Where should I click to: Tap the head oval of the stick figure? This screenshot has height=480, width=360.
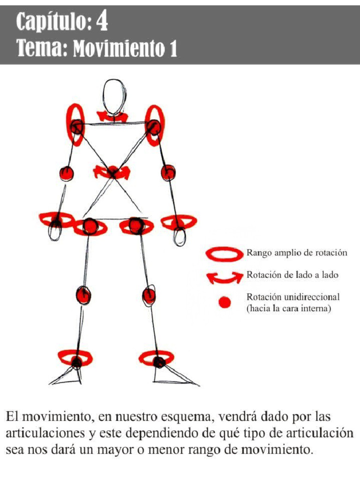[x=114, y=96]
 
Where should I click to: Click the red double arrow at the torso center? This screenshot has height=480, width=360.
[x=112, y=172]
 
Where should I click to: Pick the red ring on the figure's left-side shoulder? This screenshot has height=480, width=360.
[x=76, y=124]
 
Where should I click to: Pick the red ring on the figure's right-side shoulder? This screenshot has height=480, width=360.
[x=154, y=125]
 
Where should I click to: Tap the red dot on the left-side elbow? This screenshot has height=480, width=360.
[x=67, y=173]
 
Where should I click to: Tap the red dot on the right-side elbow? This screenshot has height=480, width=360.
[x=168, y=172]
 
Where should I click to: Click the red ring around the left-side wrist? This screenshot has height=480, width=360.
[x=56, y=219]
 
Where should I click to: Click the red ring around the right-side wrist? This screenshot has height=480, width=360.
[x=179, y=221]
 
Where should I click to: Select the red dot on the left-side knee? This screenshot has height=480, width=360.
[x=83, y=295]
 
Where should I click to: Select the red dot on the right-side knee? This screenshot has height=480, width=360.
[x=149, y=296]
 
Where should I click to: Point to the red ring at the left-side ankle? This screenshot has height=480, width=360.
[x=75, y=359]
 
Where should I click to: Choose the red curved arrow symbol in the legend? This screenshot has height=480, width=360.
[x=225, y=277]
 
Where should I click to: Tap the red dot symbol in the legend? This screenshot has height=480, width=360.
[x=225, y=303]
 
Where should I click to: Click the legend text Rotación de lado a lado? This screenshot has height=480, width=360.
[x=292, y=275]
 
